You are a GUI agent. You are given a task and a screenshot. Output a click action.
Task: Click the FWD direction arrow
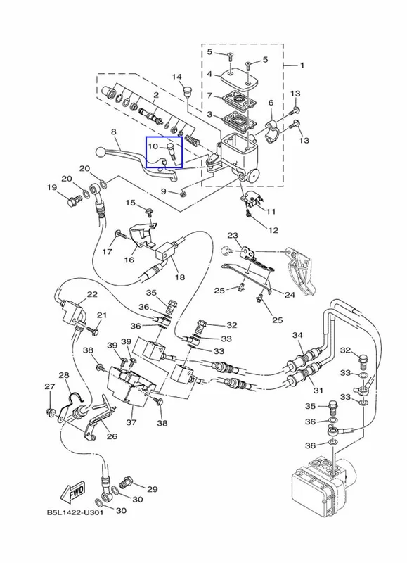(73, 491)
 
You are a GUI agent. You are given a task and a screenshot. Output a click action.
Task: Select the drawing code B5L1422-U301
(75, 512)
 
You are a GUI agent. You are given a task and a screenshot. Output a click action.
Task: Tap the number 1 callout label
(302, 65)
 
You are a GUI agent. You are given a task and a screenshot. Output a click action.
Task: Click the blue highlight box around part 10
(164, 152)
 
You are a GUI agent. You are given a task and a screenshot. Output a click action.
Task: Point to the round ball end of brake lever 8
(101, 152)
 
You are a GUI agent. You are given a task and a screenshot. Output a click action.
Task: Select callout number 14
(176, 77)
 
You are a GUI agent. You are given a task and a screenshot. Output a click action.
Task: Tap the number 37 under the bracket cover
(131, 422)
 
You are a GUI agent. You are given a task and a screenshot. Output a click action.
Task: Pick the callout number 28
(63, 376)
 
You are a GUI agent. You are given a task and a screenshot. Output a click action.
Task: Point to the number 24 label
(290, 295)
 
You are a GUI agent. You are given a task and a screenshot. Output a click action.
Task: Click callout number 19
(51, 187)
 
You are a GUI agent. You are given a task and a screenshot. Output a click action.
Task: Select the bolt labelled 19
(75, 201)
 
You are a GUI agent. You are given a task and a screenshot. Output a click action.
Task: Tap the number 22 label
(92, 294)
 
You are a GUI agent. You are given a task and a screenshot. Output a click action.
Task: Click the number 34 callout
(297, 335)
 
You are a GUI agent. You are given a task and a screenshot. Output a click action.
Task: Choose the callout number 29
(153, 489)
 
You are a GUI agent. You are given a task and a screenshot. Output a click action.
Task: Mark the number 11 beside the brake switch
(271, 212)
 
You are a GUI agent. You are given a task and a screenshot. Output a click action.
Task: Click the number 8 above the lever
(114, 132)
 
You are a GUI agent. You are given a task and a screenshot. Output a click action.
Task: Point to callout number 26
(112, 436)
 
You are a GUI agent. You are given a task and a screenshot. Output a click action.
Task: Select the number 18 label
(180, 277)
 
